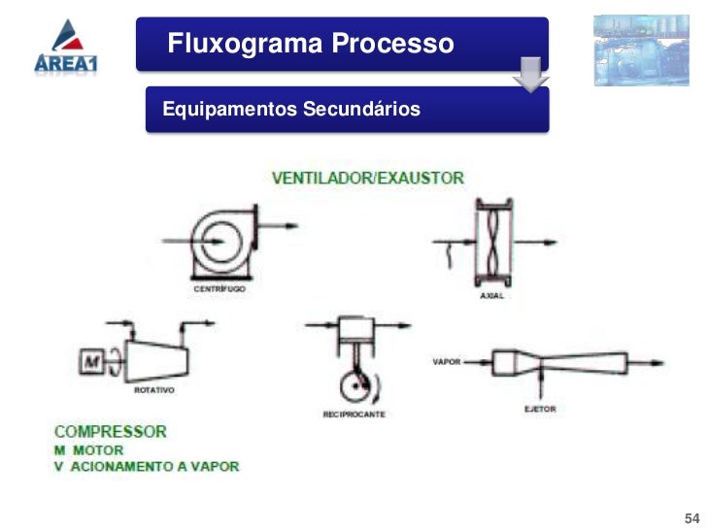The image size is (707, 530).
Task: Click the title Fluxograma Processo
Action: tap(310, 44)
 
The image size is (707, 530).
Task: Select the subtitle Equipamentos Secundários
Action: tap(292, 110)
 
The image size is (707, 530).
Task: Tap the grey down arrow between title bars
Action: tap(531, 74)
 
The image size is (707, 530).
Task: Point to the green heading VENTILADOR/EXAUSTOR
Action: tap(367, 178)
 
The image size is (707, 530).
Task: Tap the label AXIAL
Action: tap(491, 295)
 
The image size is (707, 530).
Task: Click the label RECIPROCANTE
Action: tap(354, 414)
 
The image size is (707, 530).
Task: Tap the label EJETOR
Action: tap(540, 409)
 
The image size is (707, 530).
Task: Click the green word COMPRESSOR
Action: tap(111, 431)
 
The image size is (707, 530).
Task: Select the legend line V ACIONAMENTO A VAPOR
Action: tap(147, 466)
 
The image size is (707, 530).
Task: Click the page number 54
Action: tap(692, 514)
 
